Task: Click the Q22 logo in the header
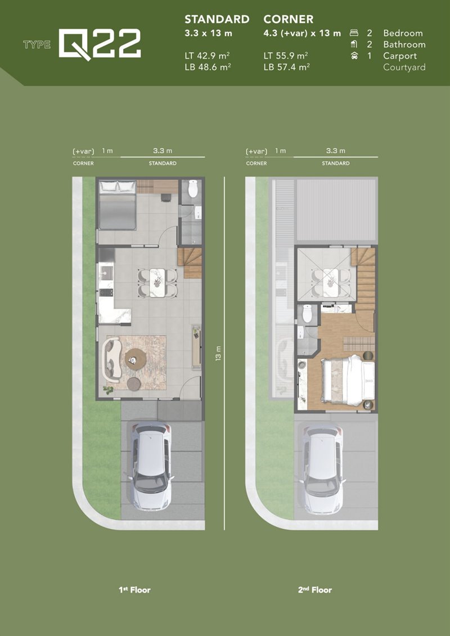(100, 44)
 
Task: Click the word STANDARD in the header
(217, 19)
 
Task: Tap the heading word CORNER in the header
(289, 19)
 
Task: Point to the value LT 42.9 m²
(208, 56)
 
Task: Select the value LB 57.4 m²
(286, 67)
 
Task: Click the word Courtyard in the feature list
(404, 67)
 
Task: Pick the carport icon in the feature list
(354, 56)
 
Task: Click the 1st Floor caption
(134, 590)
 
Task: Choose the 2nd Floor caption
(315, 590)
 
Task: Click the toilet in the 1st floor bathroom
(193, 188)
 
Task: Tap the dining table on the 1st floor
(157, 283)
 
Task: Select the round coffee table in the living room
(136, 359)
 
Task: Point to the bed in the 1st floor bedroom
(118, 206)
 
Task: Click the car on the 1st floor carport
(151, 466)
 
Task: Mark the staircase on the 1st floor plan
(190, 263)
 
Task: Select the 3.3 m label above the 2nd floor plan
(336, 151)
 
